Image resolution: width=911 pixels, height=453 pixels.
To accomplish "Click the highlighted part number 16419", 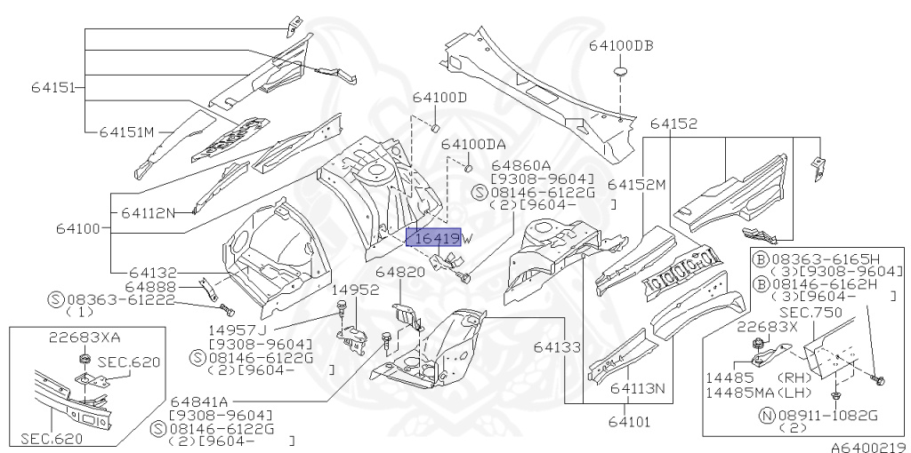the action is tap(433, 237).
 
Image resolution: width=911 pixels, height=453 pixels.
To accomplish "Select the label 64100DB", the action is tap(621, 45).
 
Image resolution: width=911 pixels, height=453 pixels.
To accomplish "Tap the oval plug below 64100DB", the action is tap(621, 73).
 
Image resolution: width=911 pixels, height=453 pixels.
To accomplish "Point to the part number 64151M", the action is tap(126, 132).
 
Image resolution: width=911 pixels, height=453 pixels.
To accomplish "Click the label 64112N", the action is tap(149, 213).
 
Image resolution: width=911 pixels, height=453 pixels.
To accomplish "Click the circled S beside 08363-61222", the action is tap(56, 299).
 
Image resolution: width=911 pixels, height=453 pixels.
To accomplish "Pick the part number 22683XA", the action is tap(85, 337).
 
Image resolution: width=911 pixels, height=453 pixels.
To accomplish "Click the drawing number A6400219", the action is tap(868, 447).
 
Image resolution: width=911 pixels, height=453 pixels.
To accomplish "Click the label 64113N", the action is tap(637, 388).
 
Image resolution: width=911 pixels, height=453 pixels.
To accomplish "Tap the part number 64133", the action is tap(557, 347).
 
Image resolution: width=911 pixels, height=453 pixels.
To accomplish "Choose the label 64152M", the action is tap(637, 185).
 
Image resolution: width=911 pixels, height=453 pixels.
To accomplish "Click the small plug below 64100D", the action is tap(435, 128).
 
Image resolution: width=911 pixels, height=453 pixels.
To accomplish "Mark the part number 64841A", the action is tap(199, 402).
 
